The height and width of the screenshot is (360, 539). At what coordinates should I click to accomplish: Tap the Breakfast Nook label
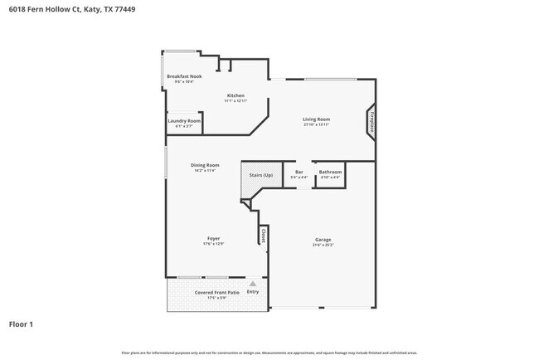184,76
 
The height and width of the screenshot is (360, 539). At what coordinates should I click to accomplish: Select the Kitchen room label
236,95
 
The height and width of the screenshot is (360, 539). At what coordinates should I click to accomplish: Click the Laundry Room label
184,121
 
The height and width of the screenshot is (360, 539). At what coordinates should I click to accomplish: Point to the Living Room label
316,119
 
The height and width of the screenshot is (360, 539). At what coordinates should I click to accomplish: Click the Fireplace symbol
371,119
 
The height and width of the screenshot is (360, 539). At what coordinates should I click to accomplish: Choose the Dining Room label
206,165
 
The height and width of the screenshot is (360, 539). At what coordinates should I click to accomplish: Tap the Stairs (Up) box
261,175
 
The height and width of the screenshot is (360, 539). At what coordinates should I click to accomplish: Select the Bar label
299,172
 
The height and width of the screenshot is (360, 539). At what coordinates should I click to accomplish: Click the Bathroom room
330,174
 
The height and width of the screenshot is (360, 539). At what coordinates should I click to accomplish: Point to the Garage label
323,240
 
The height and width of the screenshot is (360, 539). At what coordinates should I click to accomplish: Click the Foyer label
213,239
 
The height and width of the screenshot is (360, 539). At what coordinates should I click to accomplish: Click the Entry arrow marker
253,284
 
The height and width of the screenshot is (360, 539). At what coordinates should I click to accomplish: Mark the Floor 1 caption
21,324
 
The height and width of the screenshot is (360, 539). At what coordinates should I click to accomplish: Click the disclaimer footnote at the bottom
269,353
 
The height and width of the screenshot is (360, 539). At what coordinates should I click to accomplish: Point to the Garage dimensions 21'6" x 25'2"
323,245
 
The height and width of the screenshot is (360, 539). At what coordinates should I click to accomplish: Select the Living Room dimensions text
316,124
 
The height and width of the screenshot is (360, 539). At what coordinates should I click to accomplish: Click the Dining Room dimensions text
206,170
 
